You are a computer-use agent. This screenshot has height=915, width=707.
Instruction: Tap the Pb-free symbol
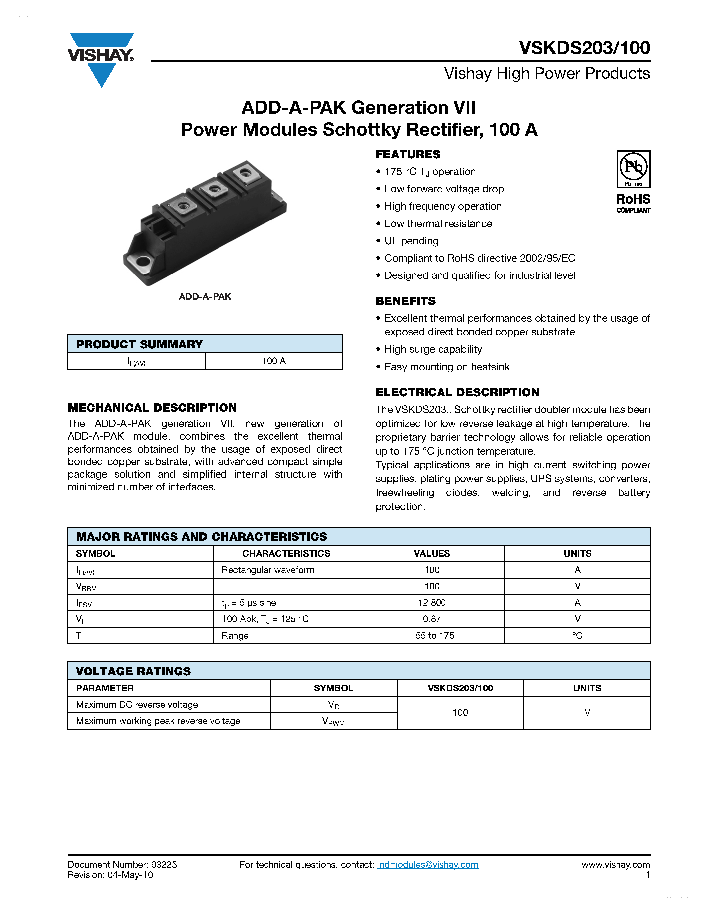(633, 168)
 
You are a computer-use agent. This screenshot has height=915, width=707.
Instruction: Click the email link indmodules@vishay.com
(427, 865)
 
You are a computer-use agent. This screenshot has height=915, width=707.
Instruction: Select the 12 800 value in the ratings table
(432, 603)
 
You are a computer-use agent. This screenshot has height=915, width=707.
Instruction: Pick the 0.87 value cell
(432, 619)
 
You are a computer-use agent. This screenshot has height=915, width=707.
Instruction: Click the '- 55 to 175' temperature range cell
(432, 636)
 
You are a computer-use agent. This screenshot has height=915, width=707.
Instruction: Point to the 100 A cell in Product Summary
(273, 361)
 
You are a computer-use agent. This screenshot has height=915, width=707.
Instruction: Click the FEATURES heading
(408, 155)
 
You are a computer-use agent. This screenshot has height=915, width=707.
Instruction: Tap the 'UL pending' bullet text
(411, 241)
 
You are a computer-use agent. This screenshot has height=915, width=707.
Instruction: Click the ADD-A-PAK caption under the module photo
(205, 296)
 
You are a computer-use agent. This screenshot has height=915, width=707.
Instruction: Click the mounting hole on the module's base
(143, 262)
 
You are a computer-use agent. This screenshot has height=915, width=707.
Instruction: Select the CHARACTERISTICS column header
(286, 553)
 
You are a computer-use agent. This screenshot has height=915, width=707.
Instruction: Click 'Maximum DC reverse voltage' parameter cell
(137, 705)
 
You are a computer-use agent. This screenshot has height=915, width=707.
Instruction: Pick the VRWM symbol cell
(333, 721)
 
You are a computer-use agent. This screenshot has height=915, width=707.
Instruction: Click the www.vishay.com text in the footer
(615, 865)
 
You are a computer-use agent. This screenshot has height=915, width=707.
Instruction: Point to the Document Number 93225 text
(122, 865)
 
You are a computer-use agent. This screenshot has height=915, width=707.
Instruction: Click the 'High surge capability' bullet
(433, 349)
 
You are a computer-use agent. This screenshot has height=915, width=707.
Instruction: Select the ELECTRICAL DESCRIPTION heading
(457, 393)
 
